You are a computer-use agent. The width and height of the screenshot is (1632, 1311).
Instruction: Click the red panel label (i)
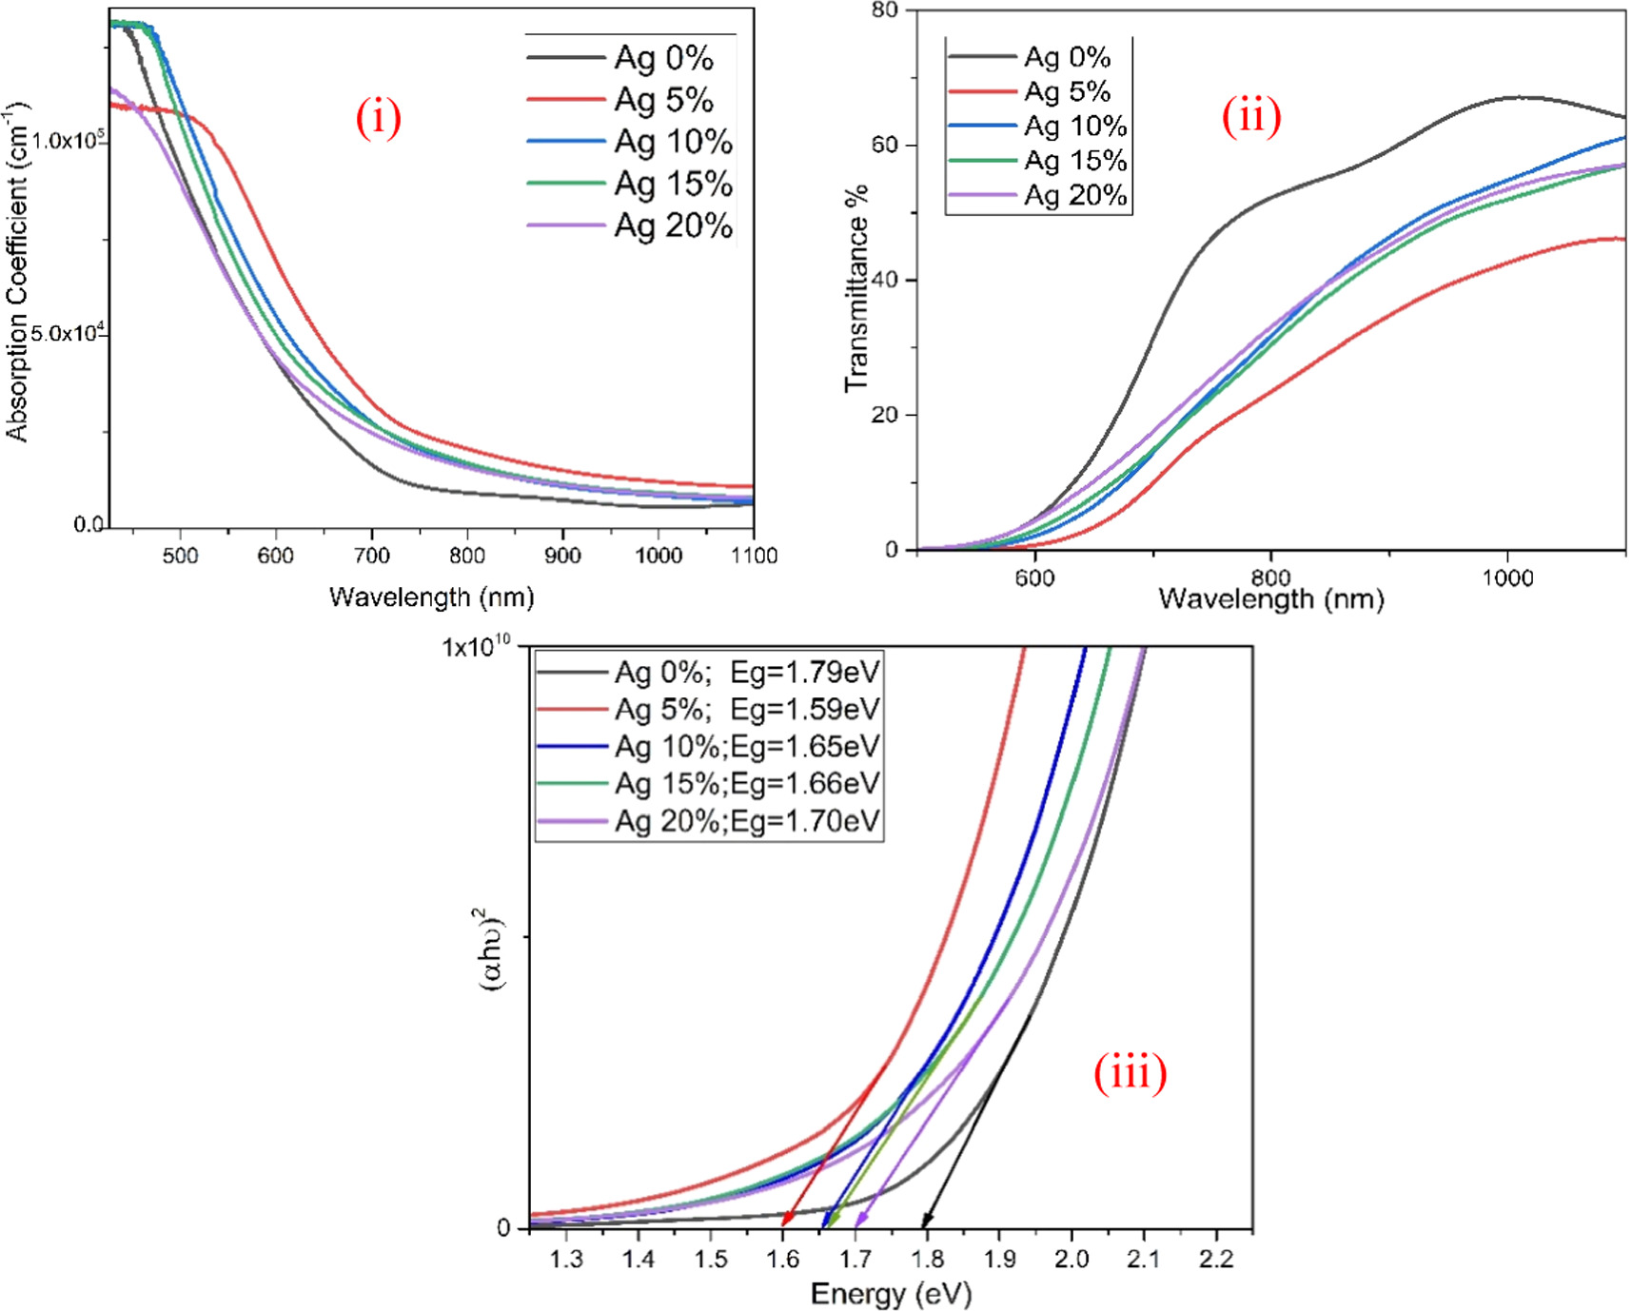pyautogui.click(x=378, y=119)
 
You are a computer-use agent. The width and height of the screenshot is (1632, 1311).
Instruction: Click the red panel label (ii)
pyautogui.click(x=1250, y=116)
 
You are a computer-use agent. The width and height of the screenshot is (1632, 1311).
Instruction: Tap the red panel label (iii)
pyautogui.click(x=1130, y=1074)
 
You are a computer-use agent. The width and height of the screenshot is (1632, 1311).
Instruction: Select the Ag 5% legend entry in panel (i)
pyautogui.click(x=663, y=100)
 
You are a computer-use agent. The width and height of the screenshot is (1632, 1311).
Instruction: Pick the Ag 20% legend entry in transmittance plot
pyautogui.click(x=1074, y=196)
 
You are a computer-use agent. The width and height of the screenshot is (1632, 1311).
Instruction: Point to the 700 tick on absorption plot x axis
pyautogui.click(x=371, y=556)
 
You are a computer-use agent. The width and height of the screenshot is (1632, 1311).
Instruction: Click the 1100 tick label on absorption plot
pyautogui.click(x=753, y=556)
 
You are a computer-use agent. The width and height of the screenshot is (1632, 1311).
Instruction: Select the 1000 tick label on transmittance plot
pyautogui.click(x=1507, y=577)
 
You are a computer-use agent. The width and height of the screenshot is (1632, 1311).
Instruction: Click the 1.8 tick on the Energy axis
pyautogui.click(x=927, y=1260)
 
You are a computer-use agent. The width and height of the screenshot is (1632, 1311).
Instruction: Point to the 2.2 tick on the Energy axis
pyautogui.click(x=1215, y=1260)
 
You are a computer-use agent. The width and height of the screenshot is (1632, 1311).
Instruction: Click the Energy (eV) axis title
pyautogui.click(x=891, y=1294)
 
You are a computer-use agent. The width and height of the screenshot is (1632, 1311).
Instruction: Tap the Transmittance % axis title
pyautogui.click(x=856, y=288)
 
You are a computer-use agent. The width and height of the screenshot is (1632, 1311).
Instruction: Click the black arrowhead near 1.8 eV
pyautogui.click(x=926, y=1222)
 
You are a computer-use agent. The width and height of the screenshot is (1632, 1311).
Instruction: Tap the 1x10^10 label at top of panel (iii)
pyautogui.click(x=476, y=648)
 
